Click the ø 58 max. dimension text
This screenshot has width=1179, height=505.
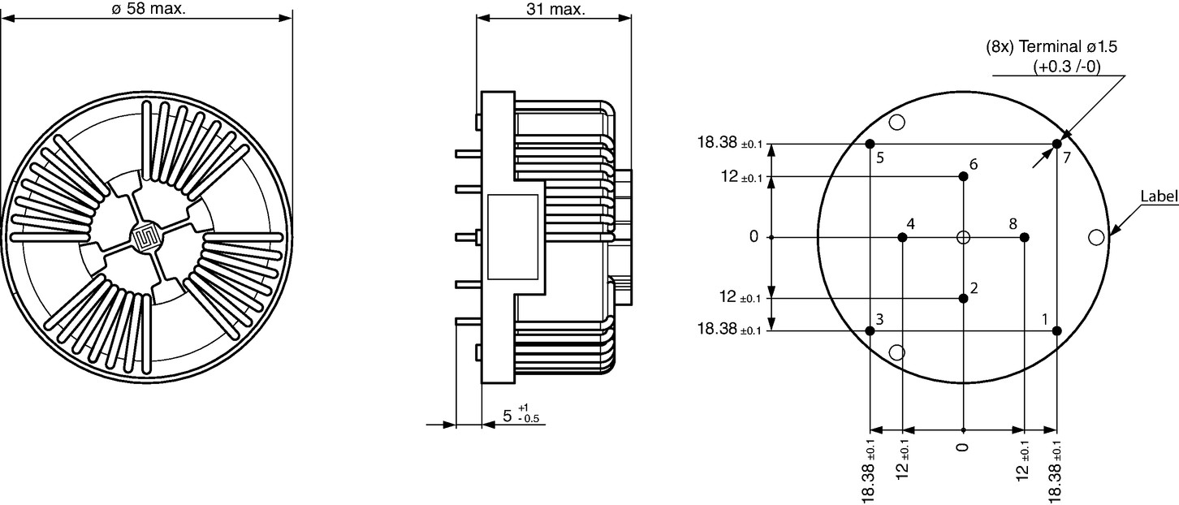[x=149, y=9]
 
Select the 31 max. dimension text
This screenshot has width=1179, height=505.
[x=556, y=9]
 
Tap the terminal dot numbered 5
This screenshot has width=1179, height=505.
[x=870, y=144]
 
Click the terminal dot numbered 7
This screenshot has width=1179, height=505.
[x=1057, y=144]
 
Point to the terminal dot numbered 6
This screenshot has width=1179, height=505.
[x=963, y=176]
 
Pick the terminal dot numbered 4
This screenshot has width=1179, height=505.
[x=902, y=237]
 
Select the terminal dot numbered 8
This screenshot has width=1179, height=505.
[x=1024, y=237]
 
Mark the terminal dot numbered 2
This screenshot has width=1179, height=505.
[x=963, y=298]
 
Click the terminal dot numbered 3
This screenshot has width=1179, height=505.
[x=870, y=331]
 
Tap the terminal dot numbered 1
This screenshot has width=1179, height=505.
[x=1057, y=331]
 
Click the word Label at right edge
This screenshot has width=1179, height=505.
[x=1159, y=196]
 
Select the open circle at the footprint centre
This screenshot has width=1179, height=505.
[x=963, y=237]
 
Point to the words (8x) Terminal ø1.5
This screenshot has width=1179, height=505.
[x=1051, y=47]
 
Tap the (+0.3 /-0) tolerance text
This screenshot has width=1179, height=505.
[x=1067, y=67]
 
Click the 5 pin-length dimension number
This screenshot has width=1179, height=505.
[x=507, y=417]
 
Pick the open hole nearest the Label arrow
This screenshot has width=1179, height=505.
[x=1096, y=237]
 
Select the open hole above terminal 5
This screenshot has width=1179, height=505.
[x=897, y=122]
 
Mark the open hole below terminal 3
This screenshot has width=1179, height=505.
[x=897, y=352]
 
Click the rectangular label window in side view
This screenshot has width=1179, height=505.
[x=512, y=237]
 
